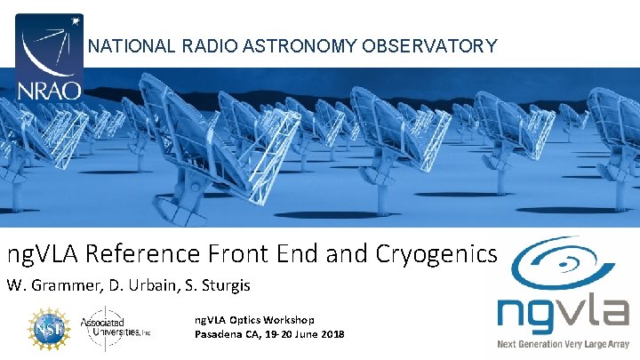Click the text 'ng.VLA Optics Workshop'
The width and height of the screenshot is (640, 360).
(x=254, y=320)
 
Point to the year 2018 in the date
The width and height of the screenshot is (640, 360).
(x=330, y=334)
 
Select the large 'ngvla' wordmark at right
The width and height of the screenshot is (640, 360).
(x=563, y=313)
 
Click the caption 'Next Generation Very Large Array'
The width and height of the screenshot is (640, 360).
(x=563, y=343)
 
